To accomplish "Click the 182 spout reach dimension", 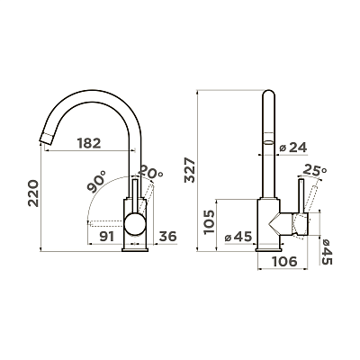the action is [89, 143].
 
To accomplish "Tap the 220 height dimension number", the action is [33, 193].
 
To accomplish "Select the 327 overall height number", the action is [190, 170].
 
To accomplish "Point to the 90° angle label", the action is [96, 181].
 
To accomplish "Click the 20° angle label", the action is [151, 171].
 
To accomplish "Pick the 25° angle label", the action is [314, 170].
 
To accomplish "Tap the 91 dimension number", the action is [107, 237].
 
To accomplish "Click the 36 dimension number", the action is [167, 237].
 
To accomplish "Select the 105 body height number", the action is [209, 222].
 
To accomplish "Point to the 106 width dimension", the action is [284, 261].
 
